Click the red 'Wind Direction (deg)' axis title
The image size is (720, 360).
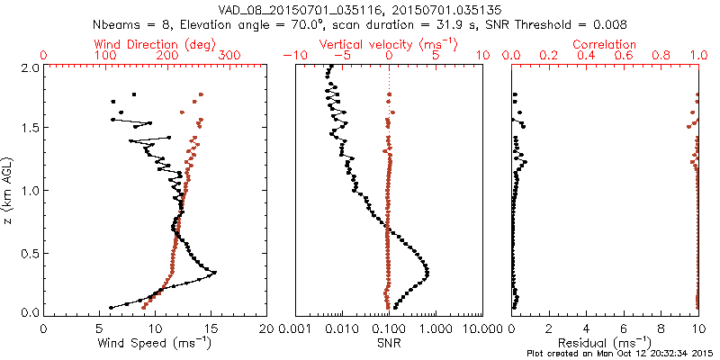click(155, 44)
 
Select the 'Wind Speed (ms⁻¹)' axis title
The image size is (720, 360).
click(155, 342)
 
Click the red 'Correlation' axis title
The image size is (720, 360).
click(606, 44)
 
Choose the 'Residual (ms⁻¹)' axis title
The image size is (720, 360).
click(606, 342)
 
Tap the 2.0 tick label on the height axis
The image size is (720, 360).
click(29, 67)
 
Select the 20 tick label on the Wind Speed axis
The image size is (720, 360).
click(266, 328)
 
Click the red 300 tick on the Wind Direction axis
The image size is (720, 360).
click(229, 55)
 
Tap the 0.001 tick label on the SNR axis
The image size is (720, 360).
click(296, 328)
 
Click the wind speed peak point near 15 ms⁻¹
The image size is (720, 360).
click(214, 273)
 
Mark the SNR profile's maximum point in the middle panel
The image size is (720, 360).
click(427, 273)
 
